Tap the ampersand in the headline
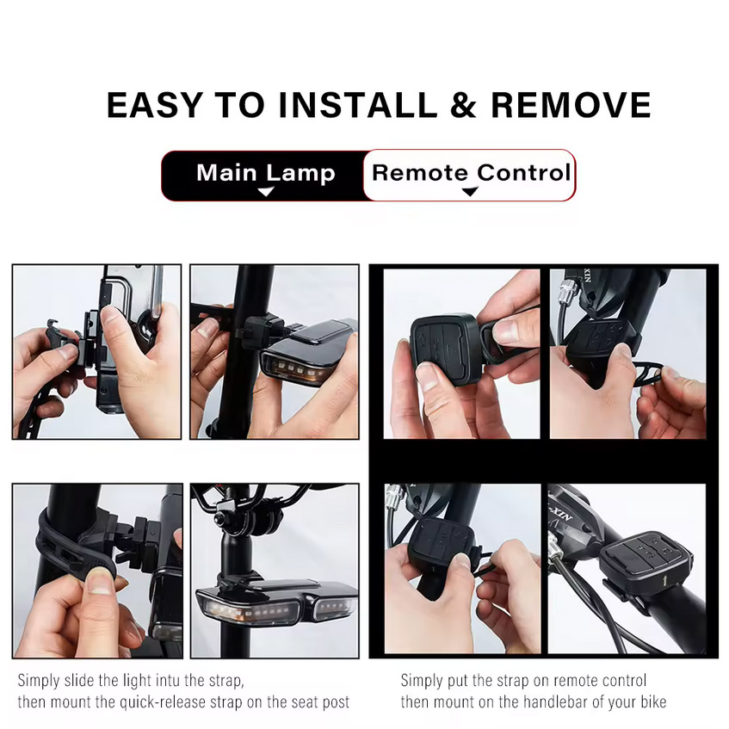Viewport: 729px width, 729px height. pyautogui.click(x=464, y=105)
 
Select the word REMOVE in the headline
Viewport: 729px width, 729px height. pyautogui.click(x=571, y=105)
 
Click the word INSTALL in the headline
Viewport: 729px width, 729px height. pyautogui.click(x=358, y=105)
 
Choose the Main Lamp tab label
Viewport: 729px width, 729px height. pyautogui.click(x=265, y=173)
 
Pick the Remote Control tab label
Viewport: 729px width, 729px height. pyautogui.click(x=471, y=172)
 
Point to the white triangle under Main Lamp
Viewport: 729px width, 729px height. pyautogui.click(x=266, y=192)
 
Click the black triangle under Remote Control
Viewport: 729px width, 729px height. pyautogui.click(x=470, y=191)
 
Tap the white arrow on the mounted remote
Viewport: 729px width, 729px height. pyautogui.click(x=662, y=580)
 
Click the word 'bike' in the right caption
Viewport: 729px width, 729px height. pyautogui.click(x=652, y=701)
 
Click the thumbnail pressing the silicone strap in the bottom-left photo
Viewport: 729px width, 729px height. pyautogui.click(x=99, y=584)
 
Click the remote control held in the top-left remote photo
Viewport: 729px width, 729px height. pyautogui.click(x=445, y=349)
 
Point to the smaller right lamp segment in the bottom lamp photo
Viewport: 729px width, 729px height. pyautogui.click(x=334, y=607)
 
